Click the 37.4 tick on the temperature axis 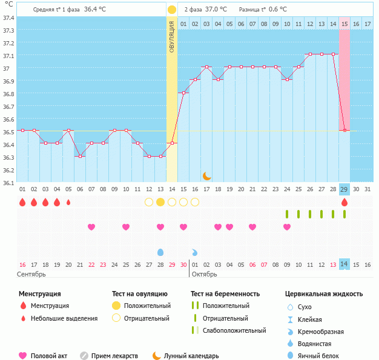click(x=8, y=18)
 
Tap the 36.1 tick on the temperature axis click(x=8, y=182)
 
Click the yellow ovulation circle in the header click(x=172, y=10)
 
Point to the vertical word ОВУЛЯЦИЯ click(x=172, y=36)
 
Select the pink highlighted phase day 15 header click(x=344, y=24)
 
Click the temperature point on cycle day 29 click(x=344, y=130)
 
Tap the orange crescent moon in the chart click(x=206, y=175)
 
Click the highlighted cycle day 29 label click(x=344, y=189)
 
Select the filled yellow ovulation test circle click(x=160, y=202)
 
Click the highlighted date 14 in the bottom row click(x=344, y=264)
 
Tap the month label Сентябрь click(x=32, y=274)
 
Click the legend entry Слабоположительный click(x=234, y=330)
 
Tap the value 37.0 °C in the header click(x=216, y=10)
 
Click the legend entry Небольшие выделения click(x=64, y=318)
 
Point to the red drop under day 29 click(x=344, y=202)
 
